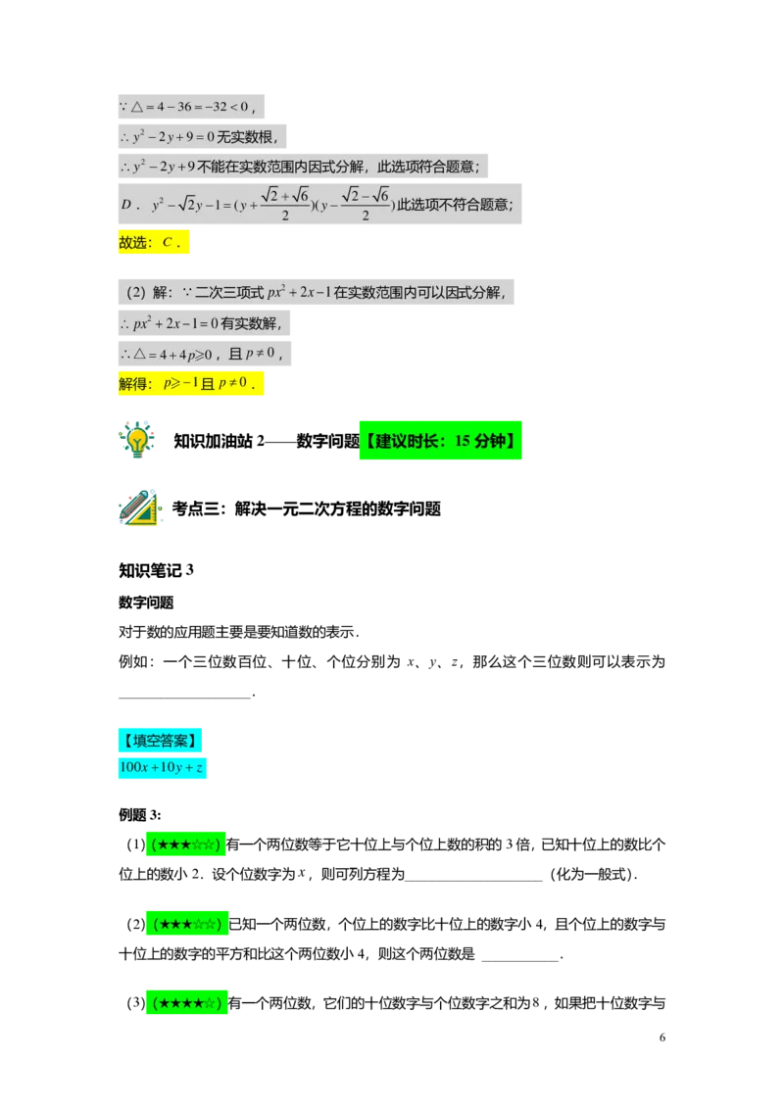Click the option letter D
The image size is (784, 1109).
[126, 205]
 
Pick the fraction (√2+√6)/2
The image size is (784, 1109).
[285, 204]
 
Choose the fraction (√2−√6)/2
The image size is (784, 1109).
[366, 204]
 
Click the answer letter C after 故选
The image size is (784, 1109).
[168, 243]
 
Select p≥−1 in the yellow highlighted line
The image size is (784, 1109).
[180, 384]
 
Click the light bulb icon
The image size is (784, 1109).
[138, 439]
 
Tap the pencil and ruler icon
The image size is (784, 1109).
[140, 509]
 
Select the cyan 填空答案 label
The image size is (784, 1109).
[160, 740]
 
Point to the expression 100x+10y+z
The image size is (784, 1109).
[162, 768]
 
